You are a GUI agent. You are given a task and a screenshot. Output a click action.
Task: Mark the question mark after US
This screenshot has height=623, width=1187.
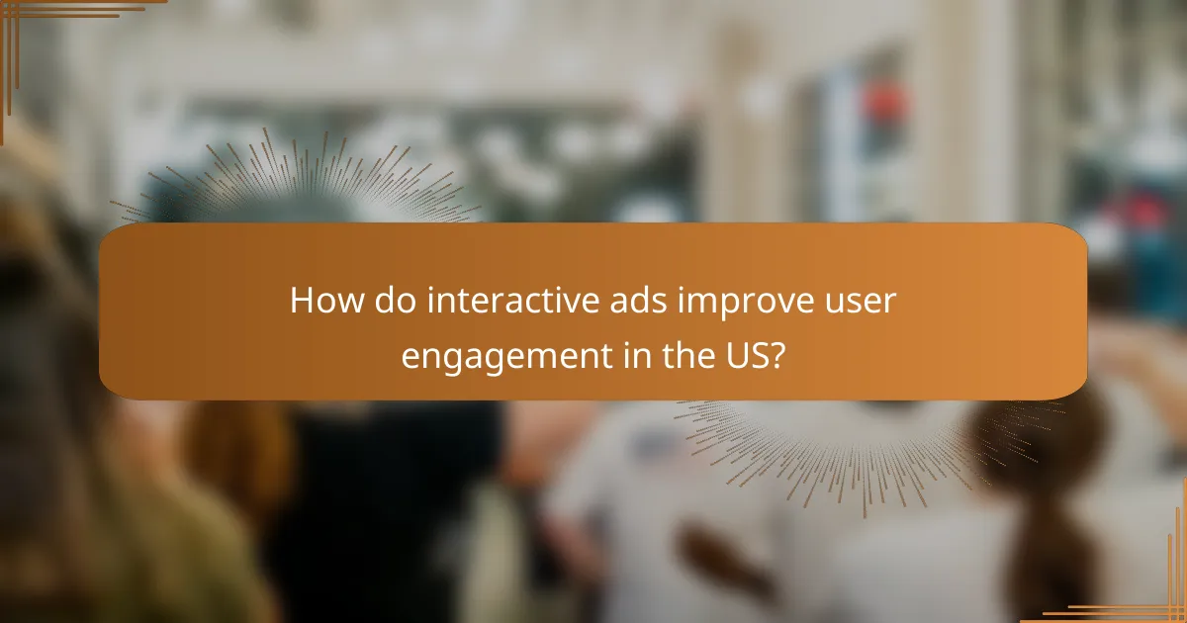pos(780,355)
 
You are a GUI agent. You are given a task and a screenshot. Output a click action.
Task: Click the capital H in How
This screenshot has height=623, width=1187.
pos(303,302)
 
